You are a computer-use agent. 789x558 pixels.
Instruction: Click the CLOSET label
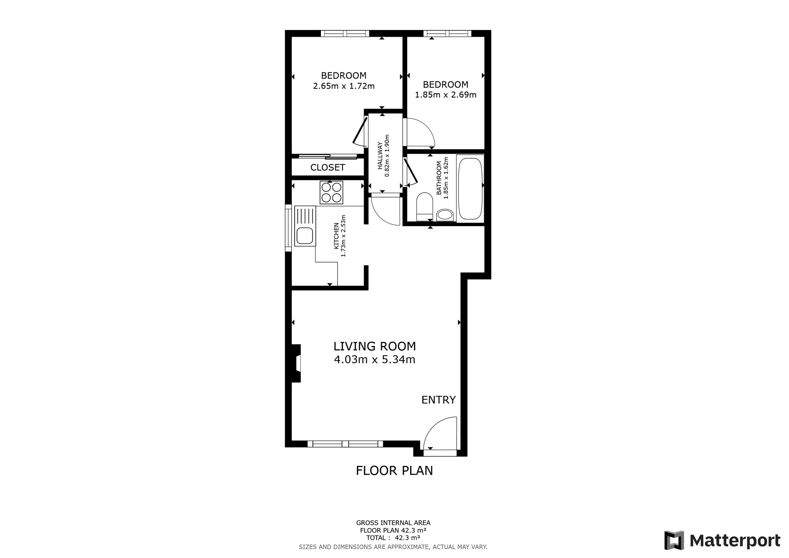(327, 168)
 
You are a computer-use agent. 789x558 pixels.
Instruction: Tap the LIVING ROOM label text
(374, 346)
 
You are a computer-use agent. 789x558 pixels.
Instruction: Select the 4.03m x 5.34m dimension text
(374, 360)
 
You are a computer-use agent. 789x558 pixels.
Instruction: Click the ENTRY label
(438, 400)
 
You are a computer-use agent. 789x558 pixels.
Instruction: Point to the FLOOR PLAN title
(394, 471)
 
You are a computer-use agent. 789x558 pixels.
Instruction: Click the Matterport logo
(722, 540)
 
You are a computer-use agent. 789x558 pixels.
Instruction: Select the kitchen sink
(305, 226)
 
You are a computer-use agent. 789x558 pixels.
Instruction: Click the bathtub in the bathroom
(470, 188)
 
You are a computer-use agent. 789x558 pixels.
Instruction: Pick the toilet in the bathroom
(425, 206)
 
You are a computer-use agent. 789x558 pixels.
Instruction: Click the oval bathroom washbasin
(445, 215)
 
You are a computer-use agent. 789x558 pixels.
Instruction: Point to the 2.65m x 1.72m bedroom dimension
(344, 86)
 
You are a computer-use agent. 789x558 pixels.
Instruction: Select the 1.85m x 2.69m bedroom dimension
(446, 95)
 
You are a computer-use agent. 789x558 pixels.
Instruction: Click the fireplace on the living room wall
(296, 363)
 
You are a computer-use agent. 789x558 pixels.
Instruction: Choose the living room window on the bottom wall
(345, 444)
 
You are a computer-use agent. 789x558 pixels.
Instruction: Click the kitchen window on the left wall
(288, 228)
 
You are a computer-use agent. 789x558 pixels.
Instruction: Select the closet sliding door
(328, 156)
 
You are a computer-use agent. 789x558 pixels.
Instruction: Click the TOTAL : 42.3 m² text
(393, 538)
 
